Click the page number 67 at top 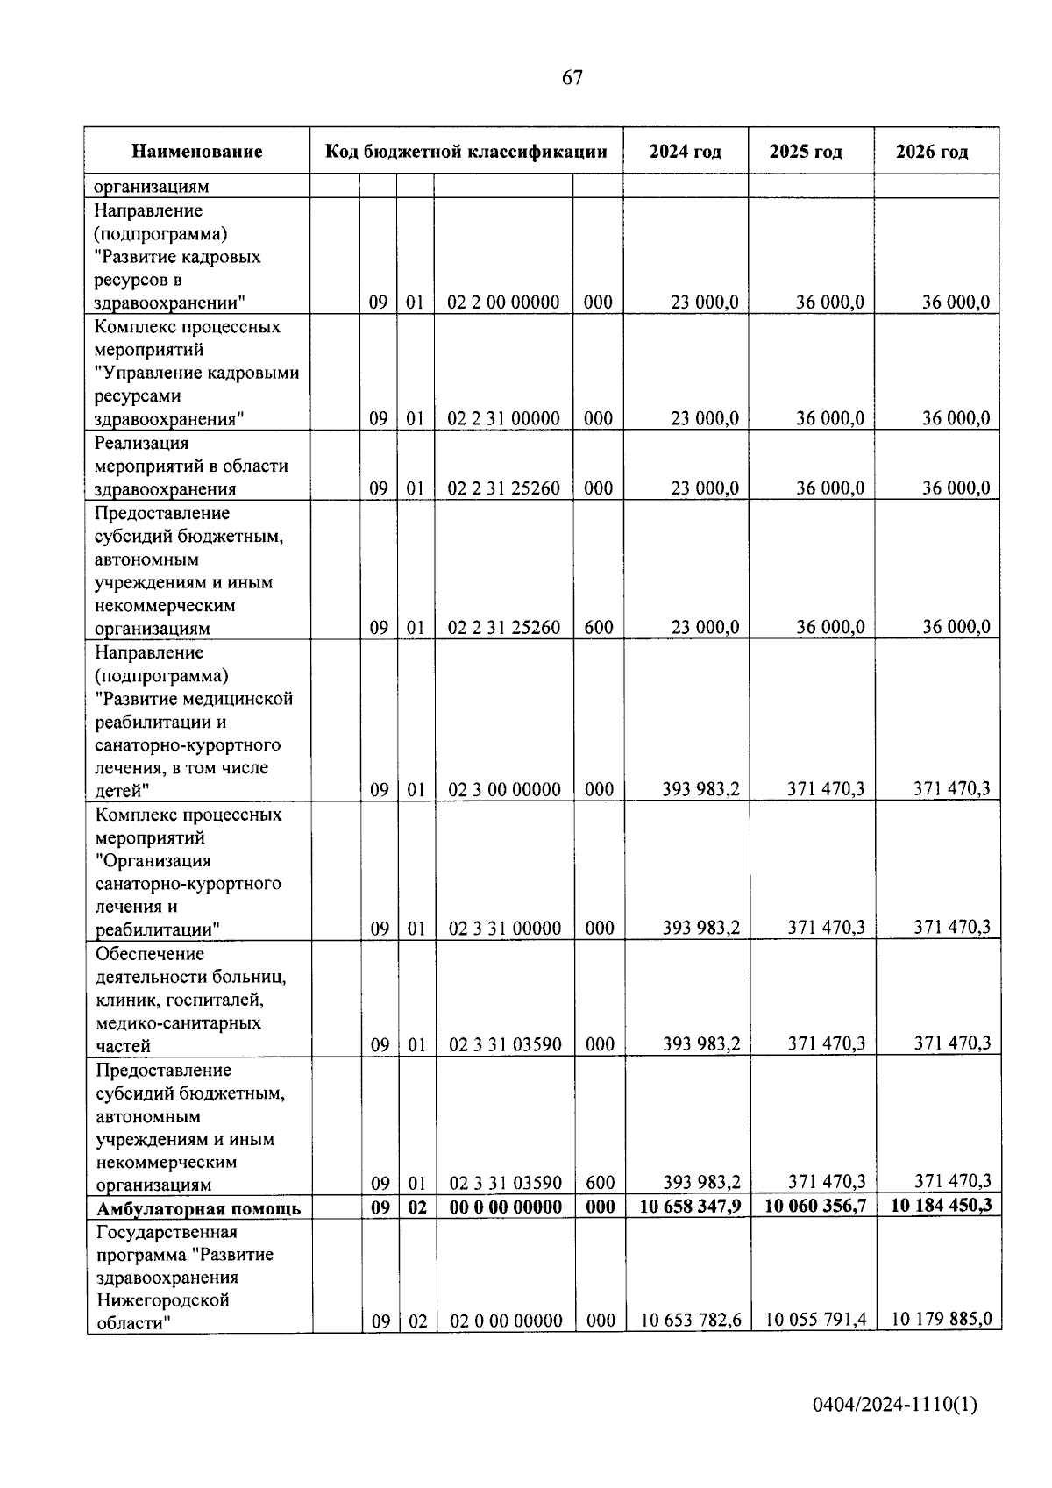[x=572, y=78]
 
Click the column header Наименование [x=197, y=152]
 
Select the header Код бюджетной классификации [x=466, y=152]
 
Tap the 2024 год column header [x=686, y=152]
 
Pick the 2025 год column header [x=806, y=152]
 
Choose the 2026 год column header [x=932, y=152]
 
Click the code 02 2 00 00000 [x=503, y=303]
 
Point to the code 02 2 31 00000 [x=503, y=418]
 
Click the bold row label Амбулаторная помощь [x=199, y=1208]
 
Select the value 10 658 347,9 [x=690, y=1207]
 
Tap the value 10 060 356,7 [x=815, y=1207]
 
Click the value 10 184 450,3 [x=942, y=1206]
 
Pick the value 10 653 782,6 [x=692, y=1320]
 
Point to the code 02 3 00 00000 [x=504, y=790]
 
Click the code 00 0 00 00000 [x=505, y=1207]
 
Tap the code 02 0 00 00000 [x=506, y=1321]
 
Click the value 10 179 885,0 [x=942, y=1319]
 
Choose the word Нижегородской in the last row [x=162, y=1300]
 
